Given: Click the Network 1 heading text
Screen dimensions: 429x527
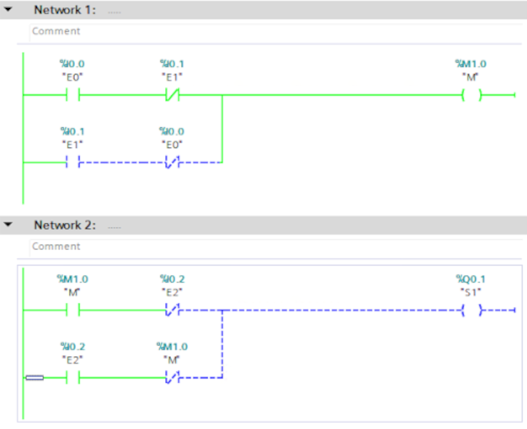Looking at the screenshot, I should click(65, 10).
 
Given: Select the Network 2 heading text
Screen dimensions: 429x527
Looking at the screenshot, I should click(65, 225).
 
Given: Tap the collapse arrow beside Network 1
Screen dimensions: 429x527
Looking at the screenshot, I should click(8, 10).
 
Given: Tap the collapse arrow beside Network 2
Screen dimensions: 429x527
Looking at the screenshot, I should click(8, 225).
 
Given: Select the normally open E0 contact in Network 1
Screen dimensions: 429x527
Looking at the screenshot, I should click(73, 96).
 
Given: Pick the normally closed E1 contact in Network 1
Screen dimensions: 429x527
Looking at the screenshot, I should click(172, 96).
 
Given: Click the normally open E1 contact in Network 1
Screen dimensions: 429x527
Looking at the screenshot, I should click(73, 162).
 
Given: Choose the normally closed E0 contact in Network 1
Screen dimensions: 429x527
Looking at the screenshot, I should click(172, 162).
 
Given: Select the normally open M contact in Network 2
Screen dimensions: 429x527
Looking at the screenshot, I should click(73, 310).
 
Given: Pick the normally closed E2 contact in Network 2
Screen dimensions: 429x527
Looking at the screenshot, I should click(172, 310).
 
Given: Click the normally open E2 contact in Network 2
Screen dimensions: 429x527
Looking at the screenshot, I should click(73, 378).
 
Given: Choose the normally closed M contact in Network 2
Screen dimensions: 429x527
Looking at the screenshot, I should click(172, 378).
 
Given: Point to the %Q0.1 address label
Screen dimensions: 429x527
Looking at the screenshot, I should click(470, 279).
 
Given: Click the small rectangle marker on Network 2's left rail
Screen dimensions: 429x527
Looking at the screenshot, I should click(35, 378).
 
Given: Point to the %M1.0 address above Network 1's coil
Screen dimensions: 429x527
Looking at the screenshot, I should click(470, 64).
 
